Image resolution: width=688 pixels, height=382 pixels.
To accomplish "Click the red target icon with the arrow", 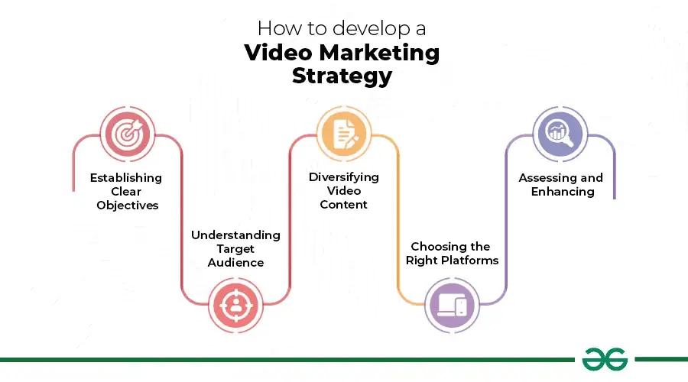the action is (x=128, y=134).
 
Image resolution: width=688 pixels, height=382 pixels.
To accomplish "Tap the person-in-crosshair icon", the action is (x=236, y=306).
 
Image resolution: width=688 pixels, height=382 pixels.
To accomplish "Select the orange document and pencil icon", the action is (x=345, y=134).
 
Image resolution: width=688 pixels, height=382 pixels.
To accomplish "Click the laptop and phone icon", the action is (x=453, y=305).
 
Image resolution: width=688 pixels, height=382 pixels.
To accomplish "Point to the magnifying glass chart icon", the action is (x=560, y=134).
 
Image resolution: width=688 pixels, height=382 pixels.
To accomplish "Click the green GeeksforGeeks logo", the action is (x=605, y=359).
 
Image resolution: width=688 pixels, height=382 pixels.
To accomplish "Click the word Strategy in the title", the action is (x=342, y=76).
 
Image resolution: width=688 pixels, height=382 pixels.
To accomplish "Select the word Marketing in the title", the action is (x=379, y=53).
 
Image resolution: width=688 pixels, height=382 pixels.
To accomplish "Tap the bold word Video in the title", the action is (x=278, y=53).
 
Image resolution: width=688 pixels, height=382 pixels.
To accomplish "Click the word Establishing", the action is (x=126, y=178).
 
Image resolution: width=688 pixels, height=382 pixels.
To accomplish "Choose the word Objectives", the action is (x=127, y=206).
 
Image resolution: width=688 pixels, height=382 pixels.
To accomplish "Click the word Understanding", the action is (x=235, y=235).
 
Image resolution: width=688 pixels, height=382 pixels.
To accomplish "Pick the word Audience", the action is (x=235, y=263).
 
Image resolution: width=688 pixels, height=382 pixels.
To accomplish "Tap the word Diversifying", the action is (x=343, y=177).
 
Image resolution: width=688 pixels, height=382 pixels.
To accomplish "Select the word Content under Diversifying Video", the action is (x=343, y=205).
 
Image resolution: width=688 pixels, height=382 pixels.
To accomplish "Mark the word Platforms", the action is (x=471, y=261).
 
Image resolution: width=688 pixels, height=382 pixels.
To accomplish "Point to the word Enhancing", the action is (x=563, y=192).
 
